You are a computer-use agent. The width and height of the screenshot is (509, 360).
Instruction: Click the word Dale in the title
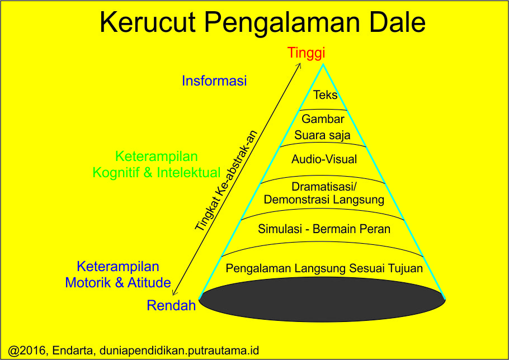393,22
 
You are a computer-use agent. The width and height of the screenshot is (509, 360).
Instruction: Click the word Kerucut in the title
148,22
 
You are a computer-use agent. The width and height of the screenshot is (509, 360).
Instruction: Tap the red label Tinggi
306,53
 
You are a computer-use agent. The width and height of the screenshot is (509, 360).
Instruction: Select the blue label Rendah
171,306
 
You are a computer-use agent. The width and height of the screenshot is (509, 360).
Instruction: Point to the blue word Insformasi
214,80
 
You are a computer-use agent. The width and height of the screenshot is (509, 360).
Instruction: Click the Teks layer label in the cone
326,95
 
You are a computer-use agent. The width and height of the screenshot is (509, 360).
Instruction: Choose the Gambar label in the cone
323,119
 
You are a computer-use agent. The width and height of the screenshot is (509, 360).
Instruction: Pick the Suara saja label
322,135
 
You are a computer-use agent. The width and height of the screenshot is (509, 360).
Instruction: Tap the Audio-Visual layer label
324,159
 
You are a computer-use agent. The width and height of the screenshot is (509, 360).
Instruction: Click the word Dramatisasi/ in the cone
324,187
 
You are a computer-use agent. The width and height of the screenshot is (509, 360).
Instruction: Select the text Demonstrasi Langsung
324,200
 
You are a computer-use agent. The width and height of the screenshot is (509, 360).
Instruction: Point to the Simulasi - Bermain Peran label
324,229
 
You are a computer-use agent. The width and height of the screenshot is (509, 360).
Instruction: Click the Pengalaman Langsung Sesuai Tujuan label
324,268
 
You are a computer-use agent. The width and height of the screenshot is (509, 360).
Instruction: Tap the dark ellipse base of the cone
322,300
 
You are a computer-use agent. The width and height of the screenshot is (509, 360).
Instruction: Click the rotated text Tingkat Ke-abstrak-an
226,181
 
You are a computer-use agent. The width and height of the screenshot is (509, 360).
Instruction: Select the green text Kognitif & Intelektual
157,173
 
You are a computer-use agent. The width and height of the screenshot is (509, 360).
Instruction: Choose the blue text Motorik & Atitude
118,283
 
